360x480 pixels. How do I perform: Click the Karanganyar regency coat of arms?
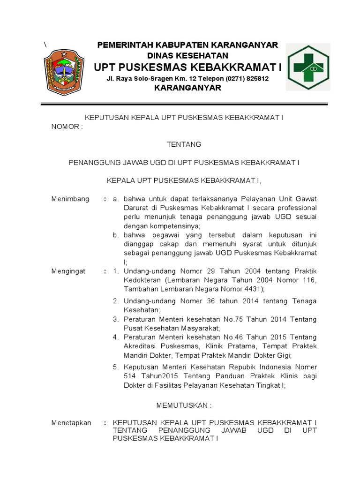[64, 73]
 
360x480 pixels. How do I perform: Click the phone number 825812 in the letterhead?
[256, 79]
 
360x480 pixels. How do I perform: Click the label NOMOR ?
[67, 127]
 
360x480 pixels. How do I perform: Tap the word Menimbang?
[70, 199]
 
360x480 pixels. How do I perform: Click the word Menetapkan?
[71, 422]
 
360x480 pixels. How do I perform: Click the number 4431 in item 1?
[240, 289]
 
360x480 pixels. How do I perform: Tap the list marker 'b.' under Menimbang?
[115, 235]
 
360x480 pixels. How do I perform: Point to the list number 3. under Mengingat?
[115, 319]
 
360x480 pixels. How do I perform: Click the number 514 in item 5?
[129, 376]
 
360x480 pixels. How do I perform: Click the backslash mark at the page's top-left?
[45, 45]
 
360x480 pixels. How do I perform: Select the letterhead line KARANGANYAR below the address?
[187, 88]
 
